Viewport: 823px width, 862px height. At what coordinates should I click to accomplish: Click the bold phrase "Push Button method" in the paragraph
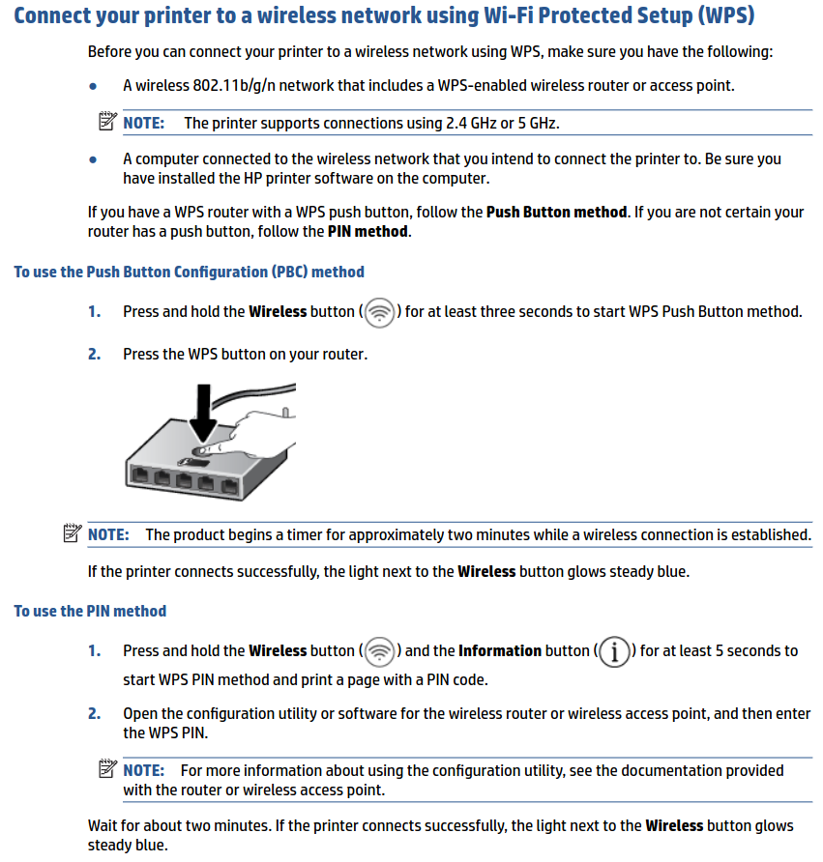click(556, 212)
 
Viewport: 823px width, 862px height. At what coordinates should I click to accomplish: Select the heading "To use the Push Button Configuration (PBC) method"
click(189, 272)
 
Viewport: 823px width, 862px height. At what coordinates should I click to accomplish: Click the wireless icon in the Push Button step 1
click(381, 312)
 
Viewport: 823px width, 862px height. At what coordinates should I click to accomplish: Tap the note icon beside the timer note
click(71, 533)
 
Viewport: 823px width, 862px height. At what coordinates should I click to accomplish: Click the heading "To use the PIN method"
click(90, 611)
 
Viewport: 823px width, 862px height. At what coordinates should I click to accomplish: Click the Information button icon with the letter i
click(613, 652)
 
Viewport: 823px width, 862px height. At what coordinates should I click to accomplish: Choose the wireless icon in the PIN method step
click(381, 651)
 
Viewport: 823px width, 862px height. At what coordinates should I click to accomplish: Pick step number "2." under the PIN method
click(94, 713)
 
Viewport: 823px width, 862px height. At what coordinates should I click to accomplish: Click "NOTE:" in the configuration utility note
click(143, 770)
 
